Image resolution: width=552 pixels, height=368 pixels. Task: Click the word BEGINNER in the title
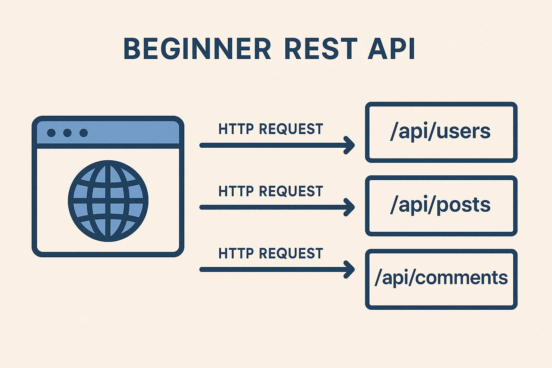click(197, 49)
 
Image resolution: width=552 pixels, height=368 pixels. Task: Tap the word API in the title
click(391, 49)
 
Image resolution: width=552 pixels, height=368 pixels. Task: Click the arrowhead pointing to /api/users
click(350, 145)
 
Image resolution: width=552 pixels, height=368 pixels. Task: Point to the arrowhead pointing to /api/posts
click(350, 207)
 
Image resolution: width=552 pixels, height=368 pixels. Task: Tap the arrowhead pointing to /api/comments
click(350, 270)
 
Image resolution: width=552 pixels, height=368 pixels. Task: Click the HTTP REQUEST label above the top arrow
click(271, 129)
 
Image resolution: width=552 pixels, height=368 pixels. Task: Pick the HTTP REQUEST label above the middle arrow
click(271, 191)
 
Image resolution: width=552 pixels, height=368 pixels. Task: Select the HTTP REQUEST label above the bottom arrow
click(271, 253)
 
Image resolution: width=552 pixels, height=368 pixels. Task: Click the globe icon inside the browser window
click(108, 201)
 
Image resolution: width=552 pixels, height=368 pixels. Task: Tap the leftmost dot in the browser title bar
click(51, 133)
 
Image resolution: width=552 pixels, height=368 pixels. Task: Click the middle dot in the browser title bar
click(67, 133)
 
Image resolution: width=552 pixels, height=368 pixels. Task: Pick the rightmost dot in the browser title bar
click(83, 133)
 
